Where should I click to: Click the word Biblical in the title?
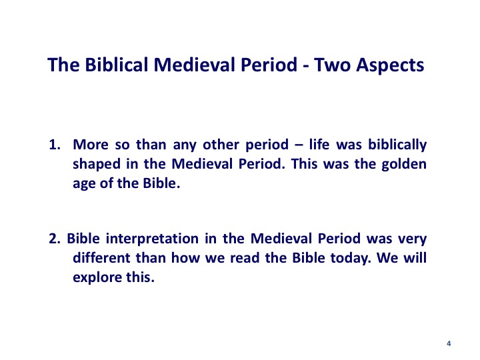click(116, 65)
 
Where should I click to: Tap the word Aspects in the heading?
click(390, 65)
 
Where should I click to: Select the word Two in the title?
click(332, 65)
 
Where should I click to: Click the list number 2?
click(55, 239)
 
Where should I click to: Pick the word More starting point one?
click(91, 145)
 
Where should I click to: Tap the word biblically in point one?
click(397, 145)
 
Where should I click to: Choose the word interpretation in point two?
click(152, 239)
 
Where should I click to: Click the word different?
click(101, 258)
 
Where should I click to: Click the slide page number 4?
click(449, 343)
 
